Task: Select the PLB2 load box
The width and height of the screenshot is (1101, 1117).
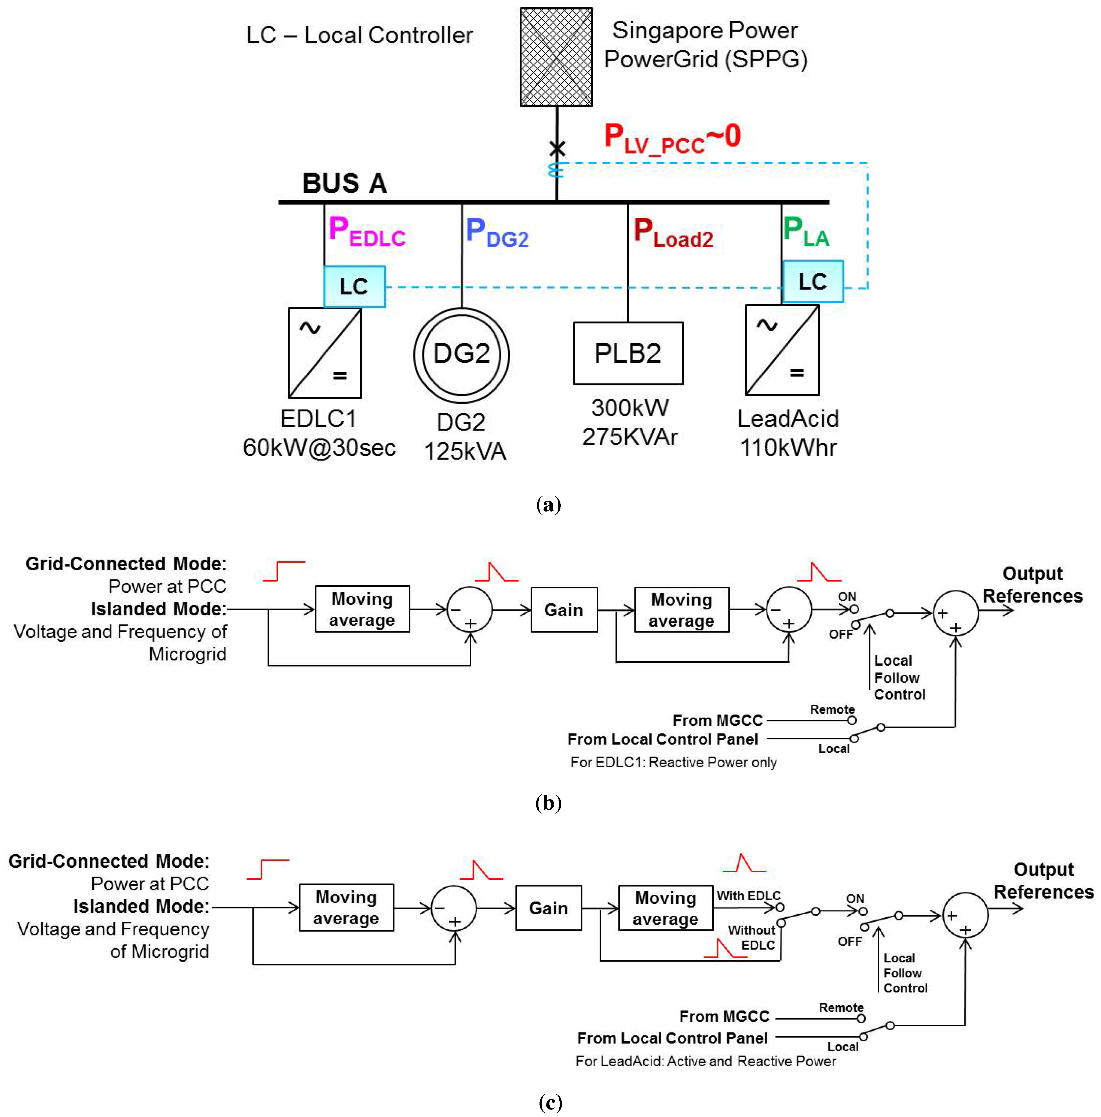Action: point(628,353)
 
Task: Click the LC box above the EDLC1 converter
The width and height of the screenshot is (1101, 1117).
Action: point(355,286)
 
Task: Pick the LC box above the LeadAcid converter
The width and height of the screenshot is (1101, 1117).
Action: point(812,282)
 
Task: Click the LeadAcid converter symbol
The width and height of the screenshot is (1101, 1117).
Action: point(782,350)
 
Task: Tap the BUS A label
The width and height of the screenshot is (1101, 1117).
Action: point(345,183)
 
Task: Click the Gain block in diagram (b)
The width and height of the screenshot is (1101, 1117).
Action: point(564,610)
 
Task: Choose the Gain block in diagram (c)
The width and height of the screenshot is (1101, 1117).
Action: point(548,908)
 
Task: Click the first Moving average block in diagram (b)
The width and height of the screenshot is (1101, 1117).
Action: point(362,609)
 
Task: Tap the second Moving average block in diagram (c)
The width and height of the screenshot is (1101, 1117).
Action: point(666,908)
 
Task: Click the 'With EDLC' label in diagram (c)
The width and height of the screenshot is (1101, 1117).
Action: point(748,896)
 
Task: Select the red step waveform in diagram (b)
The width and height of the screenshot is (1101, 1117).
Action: point(284,571)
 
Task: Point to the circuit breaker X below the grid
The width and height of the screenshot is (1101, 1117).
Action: point(557,149)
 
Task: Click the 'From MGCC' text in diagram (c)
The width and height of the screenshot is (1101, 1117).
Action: point(724,1016)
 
